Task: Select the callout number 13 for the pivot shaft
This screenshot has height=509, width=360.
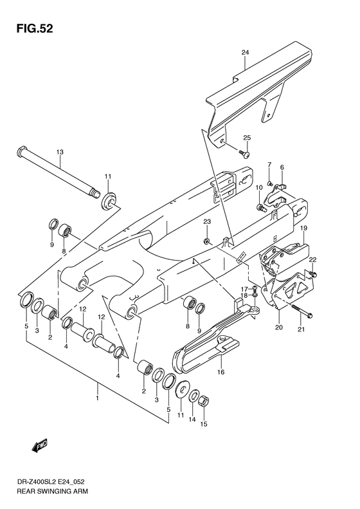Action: click(x=60, y=153)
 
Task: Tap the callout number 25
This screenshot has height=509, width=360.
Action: click(x=246, y=138)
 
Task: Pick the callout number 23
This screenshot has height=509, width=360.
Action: click(x=207, y=222)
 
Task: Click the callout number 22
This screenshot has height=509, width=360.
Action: click(x=313, y=259)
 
